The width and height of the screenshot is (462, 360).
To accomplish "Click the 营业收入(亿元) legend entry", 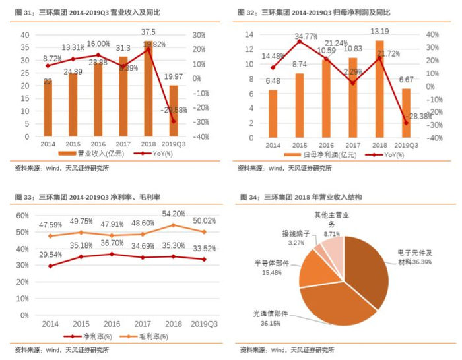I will coord(90,154).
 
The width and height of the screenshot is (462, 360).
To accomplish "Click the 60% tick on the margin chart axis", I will coord(22,216).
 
